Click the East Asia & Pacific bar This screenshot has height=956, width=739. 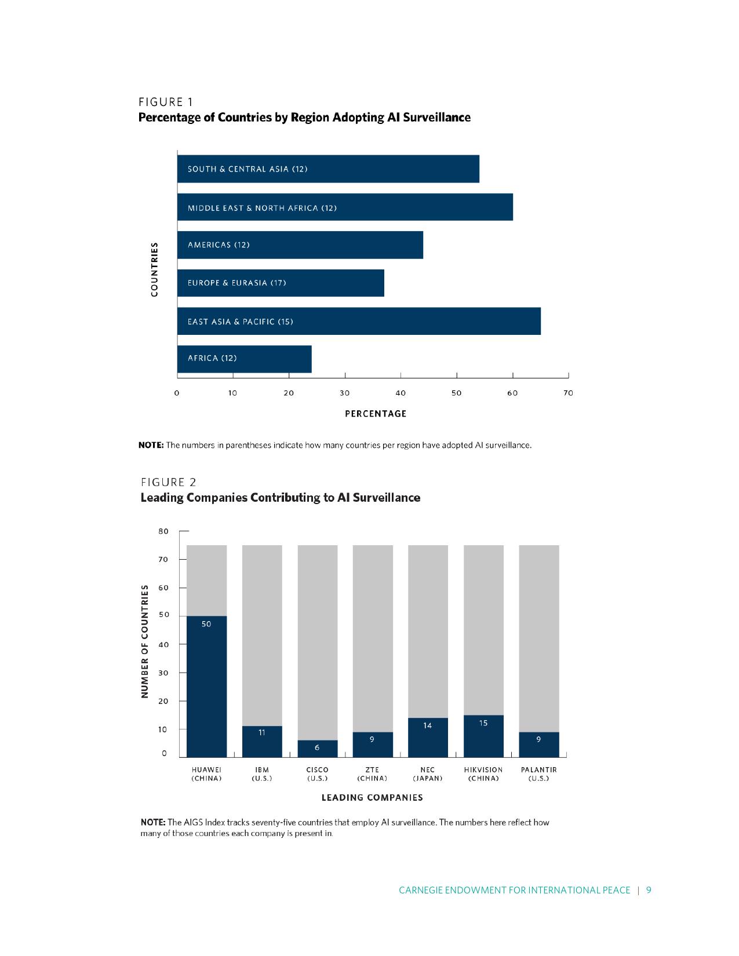pos(359,322)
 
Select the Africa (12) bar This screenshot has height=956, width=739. pos(244,359)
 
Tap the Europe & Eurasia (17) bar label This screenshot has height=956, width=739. pos(236,283)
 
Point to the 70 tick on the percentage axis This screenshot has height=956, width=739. pos(568,393)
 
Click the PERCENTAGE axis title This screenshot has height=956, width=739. pos(376,414)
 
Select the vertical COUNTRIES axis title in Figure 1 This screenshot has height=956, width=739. pos(154,269)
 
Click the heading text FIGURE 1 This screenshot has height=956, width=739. pos(166,103)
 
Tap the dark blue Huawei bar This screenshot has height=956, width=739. pos(206,687)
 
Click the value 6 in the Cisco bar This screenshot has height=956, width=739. pos(317,747)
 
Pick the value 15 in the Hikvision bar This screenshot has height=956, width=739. pos(483,723)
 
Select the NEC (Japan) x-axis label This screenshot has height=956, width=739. pos(428,774)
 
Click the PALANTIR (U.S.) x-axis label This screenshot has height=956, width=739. pos(538,774)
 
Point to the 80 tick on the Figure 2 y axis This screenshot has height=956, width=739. pos(163,531)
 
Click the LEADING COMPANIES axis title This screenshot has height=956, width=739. pos(372,798)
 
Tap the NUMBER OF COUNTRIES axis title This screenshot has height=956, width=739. pos(145,641)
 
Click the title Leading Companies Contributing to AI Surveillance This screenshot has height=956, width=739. pos(281,498)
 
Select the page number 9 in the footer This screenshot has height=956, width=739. pos(649,890)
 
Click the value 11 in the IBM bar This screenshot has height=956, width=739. pos(262,732)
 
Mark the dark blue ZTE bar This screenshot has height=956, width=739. pos(373,745)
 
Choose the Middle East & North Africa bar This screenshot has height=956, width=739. pos(345,207)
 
